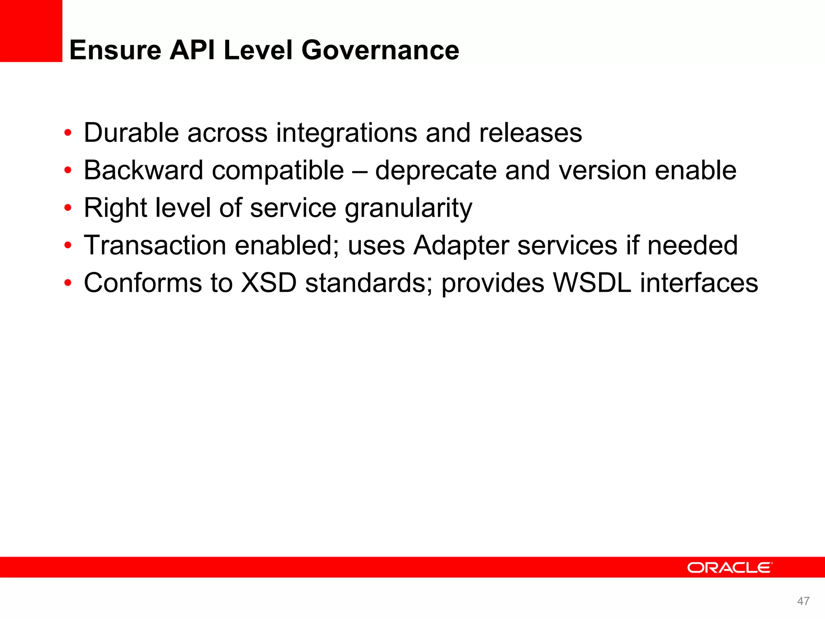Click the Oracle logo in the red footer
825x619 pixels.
pos(730,567)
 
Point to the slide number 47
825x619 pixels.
pos(803,601)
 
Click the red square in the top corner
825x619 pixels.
pos(31,31)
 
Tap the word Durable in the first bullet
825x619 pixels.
pos(131,133)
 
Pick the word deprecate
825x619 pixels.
pos(436,171)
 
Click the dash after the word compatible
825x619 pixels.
pos(359,171)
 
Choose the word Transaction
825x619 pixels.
pos(155,245)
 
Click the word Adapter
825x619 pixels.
pos(461,246)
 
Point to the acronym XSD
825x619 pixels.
pos(269,282)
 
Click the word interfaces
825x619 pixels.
pos(699,282)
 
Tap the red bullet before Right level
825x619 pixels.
pos(68,208)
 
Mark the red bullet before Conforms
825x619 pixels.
pos(68,283)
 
